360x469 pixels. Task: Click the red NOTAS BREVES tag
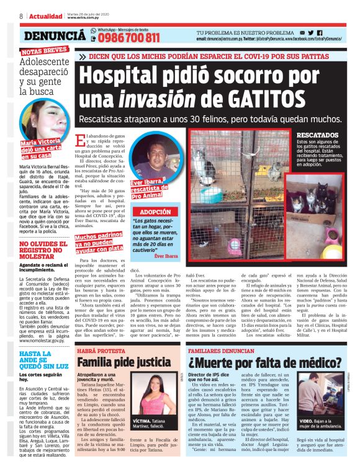click(x=43, y=51)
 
